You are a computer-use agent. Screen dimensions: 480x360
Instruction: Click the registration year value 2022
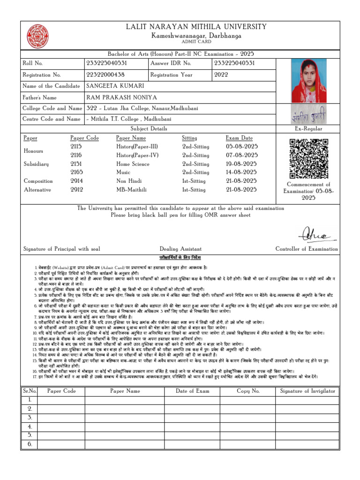[x=221, y=75]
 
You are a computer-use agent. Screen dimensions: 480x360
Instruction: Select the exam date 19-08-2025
[x=241, y=164]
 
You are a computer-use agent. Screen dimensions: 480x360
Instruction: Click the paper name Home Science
[x=133, y=164]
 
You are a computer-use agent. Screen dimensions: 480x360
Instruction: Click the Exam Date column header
[x=239, y=138]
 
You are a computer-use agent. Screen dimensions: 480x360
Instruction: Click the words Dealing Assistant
[x=180, y=249]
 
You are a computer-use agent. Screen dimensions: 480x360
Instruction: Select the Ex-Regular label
[x=308, y=128]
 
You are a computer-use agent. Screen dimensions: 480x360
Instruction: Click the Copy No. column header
[x=248, y=391]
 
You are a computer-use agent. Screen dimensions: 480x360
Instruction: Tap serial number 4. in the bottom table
[x=30, y=427]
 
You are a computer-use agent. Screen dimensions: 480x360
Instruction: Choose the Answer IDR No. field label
[x=171, y=63]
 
